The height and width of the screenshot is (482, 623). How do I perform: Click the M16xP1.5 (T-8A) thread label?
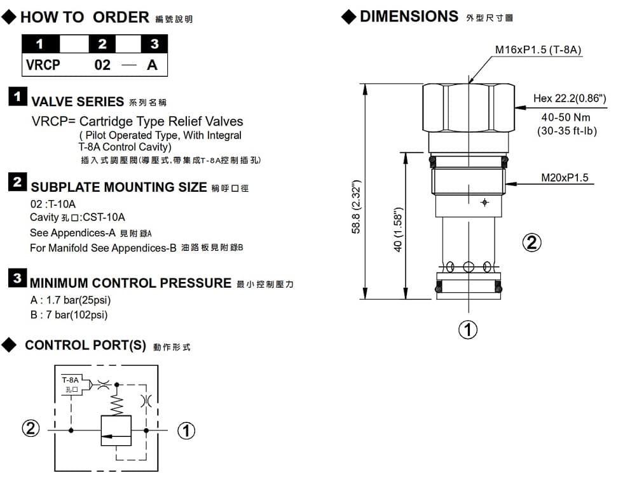click(538, 50)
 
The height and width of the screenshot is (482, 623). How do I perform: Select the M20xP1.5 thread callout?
click(565, 178)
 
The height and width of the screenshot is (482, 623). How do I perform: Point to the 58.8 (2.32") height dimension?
click(357, 206)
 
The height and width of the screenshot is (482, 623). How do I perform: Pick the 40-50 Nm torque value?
click(565, 117)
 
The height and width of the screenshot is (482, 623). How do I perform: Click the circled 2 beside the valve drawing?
click(531, 242)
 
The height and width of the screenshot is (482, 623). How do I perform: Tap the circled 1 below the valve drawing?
click(468, 330)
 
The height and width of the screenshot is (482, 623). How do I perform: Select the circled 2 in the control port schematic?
click(30, 430)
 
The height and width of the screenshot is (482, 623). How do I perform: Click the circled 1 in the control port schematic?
click(186, 431)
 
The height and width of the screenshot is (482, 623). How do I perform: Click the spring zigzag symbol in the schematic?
click(116, 403)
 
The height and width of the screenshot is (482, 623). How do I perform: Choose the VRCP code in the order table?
click(43, 65)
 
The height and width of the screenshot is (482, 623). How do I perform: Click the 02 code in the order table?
click(102, 65)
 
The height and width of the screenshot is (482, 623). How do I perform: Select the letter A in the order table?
click(153, 65)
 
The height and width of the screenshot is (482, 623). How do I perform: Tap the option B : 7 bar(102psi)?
click(69, 315)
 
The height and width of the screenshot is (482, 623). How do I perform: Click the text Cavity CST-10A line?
click(78, 218)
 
